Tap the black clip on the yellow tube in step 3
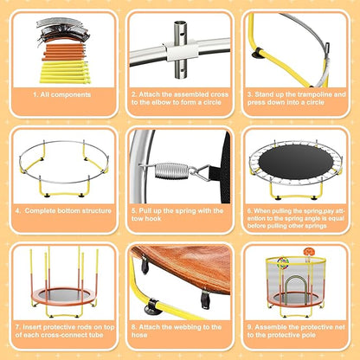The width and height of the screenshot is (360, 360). pos(257,55)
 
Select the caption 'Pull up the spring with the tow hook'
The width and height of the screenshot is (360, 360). pos(179,213)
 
